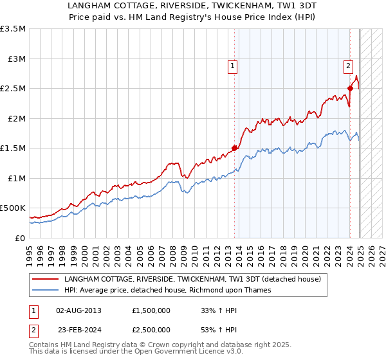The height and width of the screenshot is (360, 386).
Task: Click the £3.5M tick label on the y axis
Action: (13, 29)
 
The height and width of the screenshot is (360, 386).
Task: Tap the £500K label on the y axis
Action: (13, 208)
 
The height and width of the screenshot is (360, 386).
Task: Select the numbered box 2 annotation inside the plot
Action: (348, 65)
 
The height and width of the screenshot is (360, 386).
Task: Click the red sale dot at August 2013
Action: (234, 148)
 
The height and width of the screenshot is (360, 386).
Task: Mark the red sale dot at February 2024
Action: (350, 89)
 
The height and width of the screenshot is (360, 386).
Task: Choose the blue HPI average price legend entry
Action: (167, 290)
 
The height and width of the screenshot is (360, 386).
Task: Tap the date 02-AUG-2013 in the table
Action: (78, 310)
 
